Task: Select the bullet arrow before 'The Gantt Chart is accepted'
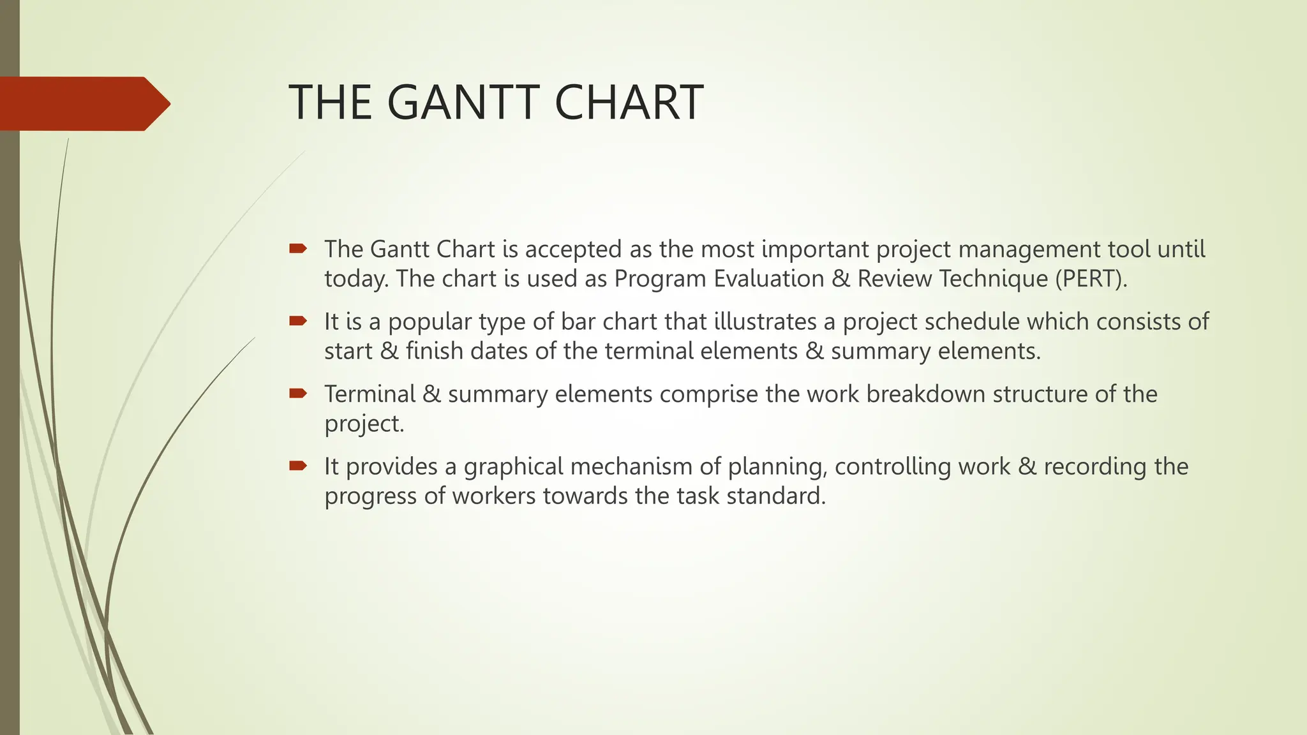click(298, 248)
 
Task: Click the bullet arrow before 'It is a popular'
click(298, 321)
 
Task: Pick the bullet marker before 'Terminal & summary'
click(298, 393)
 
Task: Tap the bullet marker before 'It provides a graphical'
click(298, 466)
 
